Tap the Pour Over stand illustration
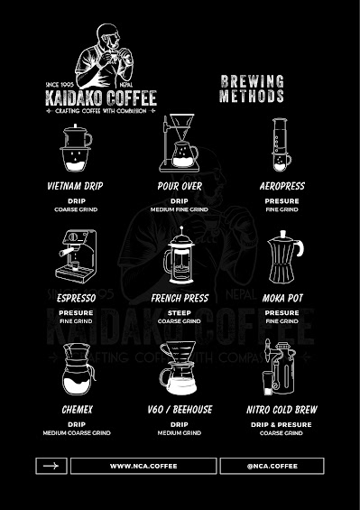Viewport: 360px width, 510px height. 179,144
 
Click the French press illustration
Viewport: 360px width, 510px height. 179,259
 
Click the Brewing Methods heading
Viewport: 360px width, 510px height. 253,88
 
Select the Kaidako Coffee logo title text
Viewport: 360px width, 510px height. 101,97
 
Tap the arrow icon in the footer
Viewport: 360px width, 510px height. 51,466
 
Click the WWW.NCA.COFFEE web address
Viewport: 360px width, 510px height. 143,466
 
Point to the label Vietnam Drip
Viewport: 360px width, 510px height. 77,186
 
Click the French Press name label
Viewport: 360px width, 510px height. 179,297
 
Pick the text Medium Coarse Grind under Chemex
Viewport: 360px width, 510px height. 77,433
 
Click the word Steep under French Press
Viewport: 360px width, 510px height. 179,313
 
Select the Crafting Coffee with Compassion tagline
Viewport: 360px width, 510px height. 101,111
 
